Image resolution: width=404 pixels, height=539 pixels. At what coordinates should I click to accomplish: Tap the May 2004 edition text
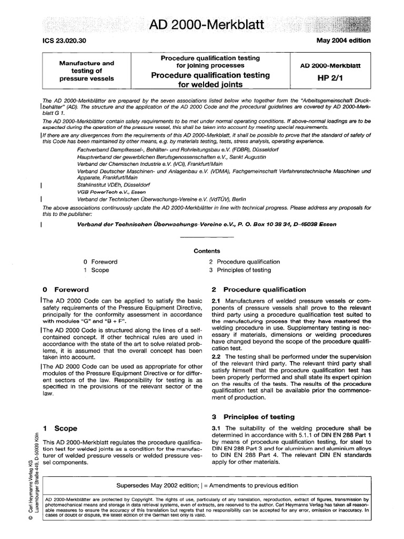point(342,41)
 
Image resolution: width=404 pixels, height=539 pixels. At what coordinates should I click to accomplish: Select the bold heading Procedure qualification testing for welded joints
point(210,80)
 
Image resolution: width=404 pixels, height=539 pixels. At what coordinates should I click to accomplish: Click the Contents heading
point(207,251)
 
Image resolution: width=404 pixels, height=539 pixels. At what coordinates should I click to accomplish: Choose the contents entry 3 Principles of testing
point(239,270)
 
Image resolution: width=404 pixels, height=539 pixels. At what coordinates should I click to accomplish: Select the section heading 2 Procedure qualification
point(258,290)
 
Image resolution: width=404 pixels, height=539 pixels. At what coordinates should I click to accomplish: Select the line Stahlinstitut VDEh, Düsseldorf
point(113,185)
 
